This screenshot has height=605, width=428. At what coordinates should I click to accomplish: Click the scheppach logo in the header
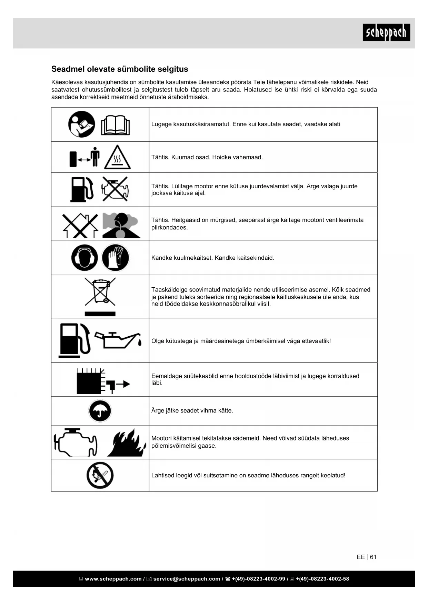point(386,32)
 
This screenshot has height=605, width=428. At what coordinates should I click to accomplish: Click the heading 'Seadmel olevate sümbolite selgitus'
point(120,69)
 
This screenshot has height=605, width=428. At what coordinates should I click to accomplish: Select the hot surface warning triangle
point(117,158)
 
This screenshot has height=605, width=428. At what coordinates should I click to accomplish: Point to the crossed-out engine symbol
point(115,189)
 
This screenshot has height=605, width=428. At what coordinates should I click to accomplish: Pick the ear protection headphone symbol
point(84,258)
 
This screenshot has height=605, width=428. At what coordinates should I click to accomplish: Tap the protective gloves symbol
point(116,258)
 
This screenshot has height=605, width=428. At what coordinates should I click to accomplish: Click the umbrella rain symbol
point(100,411)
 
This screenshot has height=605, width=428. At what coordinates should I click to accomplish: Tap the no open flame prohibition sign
point(100,475)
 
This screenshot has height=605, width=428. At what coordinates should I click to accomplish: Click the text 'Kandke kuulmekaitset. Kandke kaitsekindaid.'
point(213,258)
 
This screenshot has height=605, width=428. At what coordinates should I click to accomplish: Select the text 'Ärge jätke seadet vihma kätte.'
point(192,410)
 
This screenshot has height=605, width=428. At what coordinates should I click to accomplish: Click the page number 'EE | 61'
point(367,557)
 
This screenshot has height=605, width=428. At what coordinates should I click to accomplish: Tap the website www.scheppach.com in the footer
point(113,579)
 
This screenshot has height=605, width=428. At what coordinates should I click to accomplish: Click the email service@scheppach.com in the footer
point(187,579)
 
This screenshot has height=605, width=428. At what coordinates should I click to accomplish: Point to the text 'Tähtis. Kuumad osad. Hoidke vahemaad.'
point(207,157)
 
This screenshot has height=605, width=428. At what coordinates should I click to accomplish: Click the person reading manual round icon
point(82,124)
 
